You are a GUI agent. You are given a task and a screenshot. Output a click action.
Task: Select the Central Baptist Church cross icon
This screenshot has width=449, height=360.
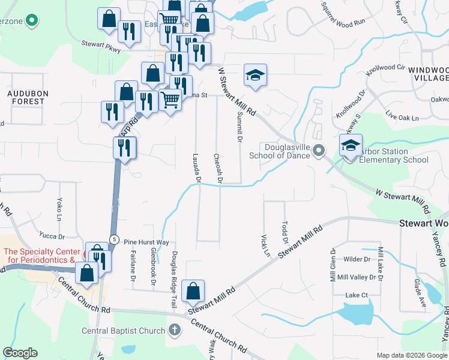pyautogui.click(x=174, y=330)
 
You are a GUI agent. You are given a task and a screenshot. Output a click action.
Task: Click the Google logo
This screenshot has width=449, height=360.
pyautogui.click(x=20, y=353)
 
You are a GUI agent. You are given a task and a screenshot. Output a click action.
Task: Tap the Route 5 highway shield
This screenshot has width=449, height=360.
pyautogui.click(x=113, y=239)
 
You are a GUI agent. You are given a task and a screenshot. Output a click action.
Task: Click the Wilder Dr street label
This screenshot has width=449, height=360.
pyautogui.click(x=358, y=259)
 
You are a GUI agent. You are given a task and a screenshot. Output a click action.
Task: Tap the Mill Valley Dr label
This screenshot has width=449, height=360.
pyautogui.click(x=360, y=277)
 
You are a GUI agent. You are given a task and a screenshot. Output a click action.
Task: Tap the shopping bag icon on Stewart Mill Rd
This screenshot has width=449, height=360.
pyautogui.click(x=193, y=292)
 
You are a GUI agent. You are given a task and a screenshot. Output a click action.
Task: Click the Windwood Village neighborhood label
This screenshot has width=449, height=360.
pyautogui.click(x=429, y=74)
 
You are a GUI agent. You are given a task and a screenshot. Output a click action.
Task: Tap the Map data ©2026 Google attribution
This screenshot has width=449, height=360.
pyautogui.click(x=411, y=355)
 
